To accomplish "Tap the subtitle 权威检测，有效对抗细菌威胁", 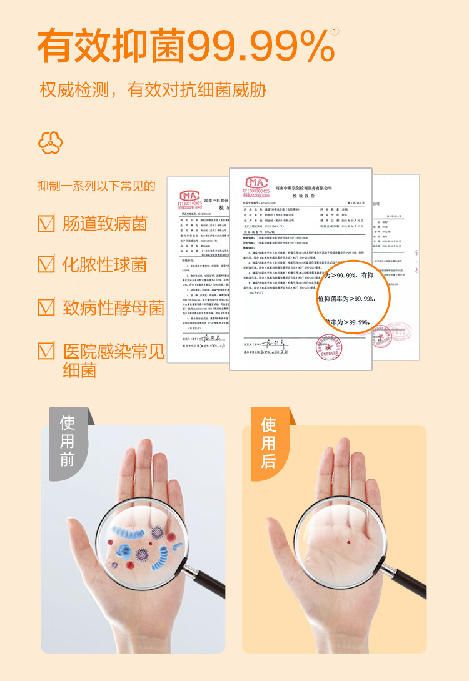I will tap(153, 89).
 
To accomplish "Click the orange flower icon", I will tap(50, 142).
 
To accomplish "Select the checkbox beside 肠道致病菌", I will tap(46, 223).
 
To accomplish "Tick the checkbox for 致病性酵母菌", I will tap(46, 307).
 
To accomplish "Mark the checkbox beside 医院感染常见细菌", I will tap(46, 350).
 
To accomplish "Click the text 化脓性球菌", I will tap(104, 264).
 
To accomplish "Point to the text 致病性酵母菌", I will tap(113, 307).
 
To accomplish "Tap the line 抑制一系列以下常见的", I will tap(96, 186).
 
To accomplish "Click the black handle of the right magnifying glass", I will tap(409, 578).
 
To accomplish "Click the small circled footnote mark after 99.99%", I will tap(335, 31).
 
